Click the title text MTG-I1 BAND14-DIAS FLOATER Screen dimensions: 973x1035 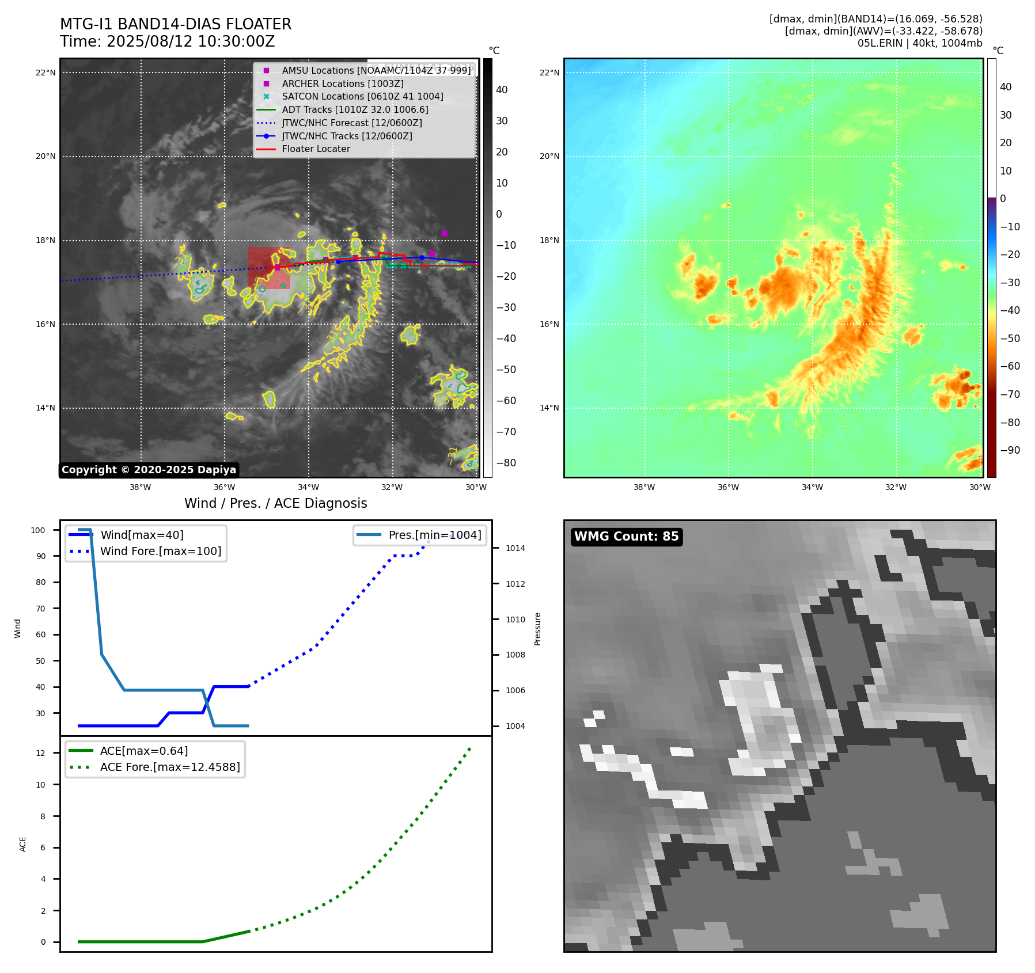[176, 24]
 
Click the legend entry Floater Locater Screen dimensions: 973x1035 [316, 149]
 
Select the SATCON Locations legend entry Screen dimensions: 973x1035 [362, 97]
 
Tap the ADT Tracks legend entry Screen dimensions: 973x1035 [355, 109]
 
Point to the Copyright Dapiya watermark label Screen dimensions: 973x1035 [149, 470]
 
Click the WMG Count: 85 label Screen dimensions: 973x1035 [626, 537]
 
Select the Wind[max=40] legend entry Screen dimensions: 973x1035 [142, 535]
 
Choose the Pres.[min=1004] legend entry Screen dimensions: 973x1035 [434, 535]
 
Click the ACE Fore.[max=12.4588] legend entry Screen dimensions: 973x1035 [170, 767]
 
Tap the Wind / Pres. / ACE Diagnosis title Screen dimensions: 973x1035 [275, 503]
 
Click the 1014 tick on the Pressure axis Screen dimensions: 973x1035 [515, 548]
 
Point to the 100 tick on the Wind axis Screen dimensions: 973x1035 [38, 530]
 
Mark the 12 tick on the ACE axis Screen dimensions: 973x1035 [40, 753]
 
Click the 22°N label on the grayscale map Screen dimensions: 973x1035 [46, 73]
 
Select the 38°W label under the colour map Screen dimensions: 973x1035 [644, 487]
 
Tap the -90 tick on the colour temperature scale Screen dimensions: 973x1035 [1010, 450]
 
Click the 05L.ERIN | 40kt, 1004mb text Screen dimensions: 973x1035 [920, 43]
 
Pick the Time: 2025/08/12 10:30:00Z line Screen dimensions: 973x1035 [167, 42]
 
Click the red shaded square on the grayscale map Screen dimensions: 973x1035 [269, 268]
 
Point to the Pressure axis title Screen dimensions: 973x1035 [537, 629]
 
